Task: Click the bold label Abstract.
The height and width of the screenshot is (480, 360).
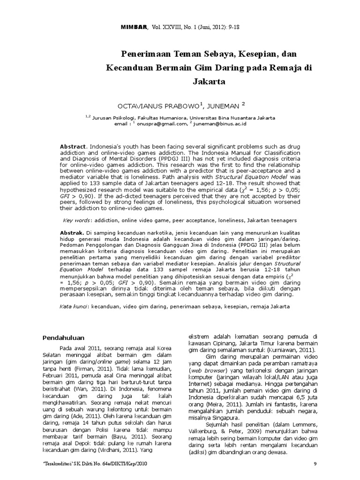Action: [73, 147]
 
